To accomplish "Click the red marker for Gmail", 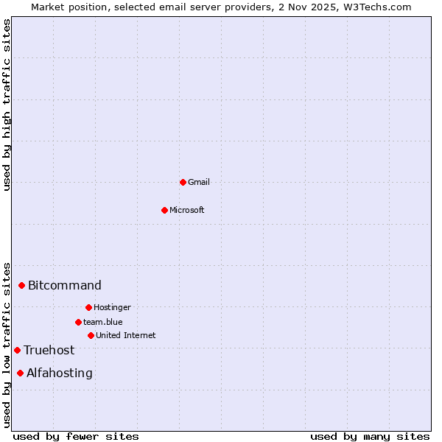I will pyautogui.click(x=183, y=182).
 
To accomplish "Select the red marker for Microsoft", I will pyautogui.click(x=165, y=210).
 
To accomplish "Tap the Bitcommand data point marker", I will pyautogui.click(x=22, y=285).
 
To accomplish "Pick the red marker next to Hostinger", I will pyautogui.click(x=88, y=307).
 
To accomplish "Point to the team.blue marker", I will pyautogui.click(x=78, y=322).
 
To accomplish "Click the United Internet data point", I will pyautogui.click(x=91, y=335).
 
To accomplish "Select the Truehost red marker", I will pyautogui.click(x=18, y=350).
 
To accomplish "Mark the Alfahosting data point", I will pyautogui.click(x=21, y=373).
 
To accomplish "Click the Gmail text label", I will pyautogui.click(x=199, y=182).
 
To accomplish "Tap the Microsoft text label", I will pyautogui.click(x=187, y=210).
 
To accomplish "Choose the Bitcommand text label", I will pyautogui.click(x=65, y=285).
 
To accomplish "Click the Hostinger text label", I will pyautogui.click(x=112, y=307).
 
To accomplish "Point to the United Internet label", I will pyautogui.click(x=126, y=335).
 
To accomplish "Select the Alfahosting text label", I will pyautogui.click(x=60, y=373).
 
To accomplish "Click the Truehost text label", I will pyautogui.click(x=49, y=350).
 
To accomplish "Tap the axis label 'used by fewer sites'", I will pyautogui.click(x=76, y=436).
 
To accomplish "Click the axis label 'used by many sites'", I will pyautogui.click(x=370, y=436).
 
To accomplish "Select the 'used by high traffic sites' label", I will pyautogui.click(x=7, y=105).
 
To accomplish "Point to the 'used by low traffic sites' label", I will pyautogui.click(x=7, y=344).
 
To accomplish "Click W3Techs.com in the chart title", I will pyautogui.click(x=373, y=7).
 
